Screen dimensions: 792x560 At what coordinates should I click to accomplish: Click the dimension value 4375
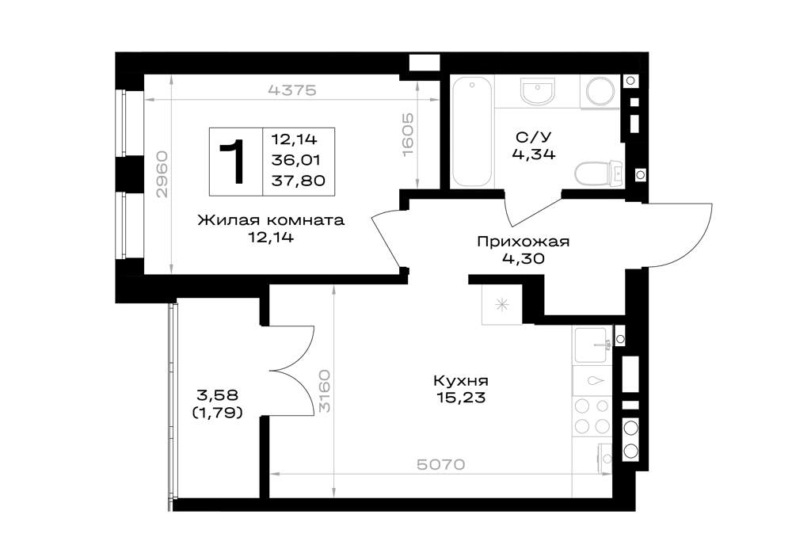coord(293,90)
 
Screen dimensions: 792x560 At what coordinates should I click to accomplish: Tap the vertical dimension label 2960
coord(162,174)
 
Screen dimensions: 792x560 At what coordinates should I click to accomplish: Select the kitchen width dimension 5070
coord(441,464)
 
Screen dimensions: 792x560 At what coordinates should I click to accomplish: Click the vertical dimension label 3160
coord(326,390)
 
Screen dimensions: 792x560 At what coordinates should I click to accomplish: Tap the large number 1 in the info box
coord(234,162)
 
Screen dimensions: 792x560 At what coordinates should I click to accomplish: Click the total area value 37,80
coord(298,181)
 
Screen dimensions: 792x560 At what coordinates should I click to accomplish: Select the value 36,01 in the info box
coord(296,160)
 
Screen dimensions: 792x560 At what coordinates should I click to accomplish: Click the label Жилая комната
coord(271,220)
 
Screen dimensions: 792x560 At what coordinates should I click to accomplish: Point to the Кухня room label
coord(461,380)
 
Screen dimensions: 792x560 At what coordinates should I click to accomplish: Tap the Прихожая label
coord(524,242)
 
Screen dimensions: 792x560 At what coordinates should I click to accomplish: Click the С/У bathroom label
coord(534,137)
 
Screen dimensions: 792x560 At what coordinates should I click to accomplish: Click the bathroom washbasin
coord(538,91)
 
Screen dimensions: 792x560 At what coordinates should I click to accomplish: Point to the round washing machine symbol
coord(600,91)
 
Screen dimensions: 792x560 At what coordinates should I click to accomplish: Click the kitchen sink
coord(592,345)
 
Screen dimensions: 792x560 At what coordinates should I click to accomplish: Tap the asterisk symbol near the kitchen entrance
coord(501,304)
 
